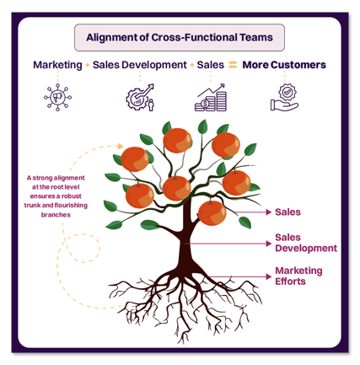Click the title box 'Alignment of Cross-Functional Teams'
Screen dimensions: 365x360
click(180, 37)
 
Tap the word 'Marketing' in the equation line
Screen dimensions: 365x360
click(57, 65)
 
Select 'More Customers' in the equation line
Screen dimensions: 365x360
click(284, 65)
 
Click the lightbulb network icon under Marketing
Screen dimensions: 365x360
click(57, 99)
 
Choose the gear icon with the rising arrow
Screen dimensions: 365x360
click(139, 98)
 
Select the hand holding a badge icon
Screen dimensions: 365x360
click(284, 98)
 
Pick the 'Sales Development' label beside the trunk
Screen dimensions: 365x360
click(305, 243)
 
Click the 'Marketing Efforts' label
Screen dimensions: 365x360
click(297, 276)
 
